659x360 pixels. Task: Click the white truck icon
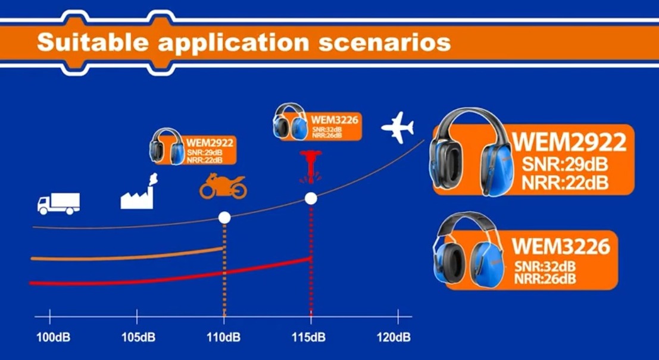(58, 204)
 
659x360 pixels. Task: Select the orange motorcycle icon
(223, 186)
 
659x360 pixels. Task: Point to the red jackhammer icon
(311, 167)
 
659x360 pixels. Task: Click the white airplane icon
(398, 127)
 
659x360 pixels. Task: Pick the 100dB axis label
(54, 337)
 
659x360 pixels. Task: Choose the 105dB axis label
(138, 337)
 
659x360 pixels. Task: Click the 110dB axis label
(224, 337)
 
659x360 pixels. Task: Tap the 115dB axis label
(309, 337)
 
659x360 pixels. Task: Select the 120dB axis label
(394, 337)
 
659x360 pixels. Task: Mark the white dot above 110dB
(224, 218)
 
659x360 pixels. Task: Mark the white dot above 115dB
(311, 198)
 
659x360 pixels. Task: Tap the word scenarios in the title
(385, 43)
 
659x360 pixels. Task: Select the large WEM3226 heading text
(561, 246)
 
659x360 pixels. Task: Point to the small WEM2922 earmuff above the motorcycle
(167, 146)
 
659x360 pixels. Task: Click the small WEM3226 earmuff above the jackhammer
(291, 121)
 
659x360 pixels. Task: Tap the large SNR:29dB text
(565, 164)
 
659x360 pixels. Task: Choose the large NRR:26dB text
(545, 278)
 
